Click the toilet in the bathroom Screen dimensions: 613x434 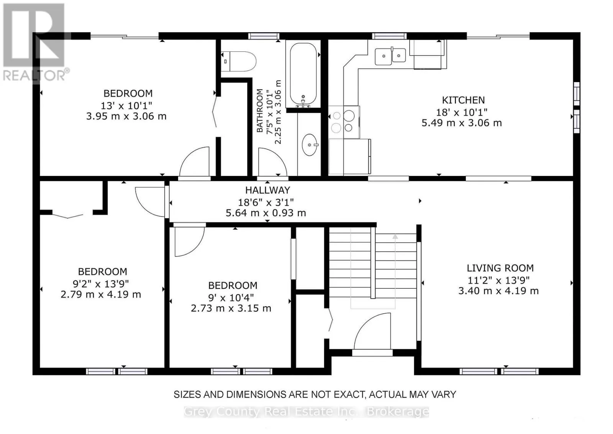tap(238, 61)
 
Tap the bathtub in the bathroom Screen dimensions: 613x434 tap(303, 74)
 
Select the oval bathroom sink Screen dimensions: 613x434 tap(310, 145)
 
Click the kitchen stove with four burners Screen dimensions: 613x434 tap(344, 122)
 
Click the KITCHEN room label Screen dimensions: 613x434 tap(463, 100)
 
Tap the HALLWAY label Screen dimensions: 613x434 tap(267, 190)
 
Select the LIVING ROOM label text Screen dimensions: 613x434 tap(500, 268)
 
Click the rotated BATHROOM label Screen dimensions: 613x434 tap(259, 110)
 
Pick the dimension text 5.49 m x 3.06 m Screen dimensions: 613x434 tap(462, 123)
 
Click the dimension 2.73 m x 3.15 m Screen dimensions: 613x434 tap(231, 308)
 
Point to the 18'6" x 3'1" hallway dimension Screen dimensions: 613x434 tap(266, 202)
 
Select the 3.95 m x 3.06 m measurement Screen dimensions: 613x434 tap(126, 117)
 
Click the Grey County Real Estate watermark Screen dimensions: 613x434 tap(306, 411)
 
